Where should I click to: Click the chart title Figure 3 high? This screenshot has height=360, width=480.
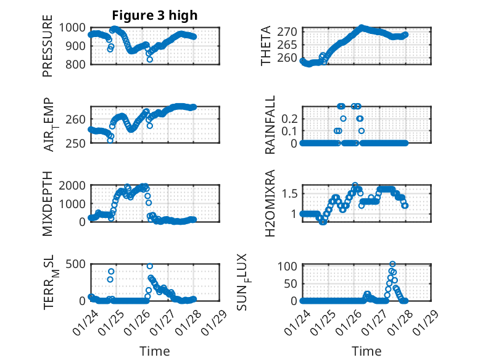[x=155, y=15]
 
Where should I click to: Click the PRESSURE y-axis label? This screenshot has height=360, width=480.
[x=48, y=46]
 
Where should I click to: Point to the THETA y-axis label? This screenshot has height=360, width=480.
[x=266, y=46]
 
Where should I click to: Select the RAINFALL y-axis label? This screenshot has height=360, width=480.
[x=270, y=125]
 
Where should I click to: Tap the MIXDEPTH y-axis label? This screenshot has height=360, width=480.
[x=48, y=203]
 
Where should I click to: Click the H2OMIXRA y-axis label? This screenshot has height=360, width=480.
[x=270, y=203]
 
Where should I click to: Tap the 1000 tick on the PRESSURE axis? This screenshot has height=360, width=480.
[x=74, y=27]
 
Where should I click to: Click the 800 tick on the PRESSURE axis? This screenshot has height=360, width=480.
[x=77, y=64]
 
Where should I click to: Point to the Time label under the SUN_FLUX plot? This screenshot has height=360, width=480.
[x=366, y=351]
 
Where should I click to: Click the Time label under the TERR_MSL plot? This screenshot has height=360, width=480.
[x=154, y=351]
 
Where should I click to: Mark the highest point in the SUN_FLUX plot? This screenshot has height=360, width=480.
[x=392, y=264]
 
